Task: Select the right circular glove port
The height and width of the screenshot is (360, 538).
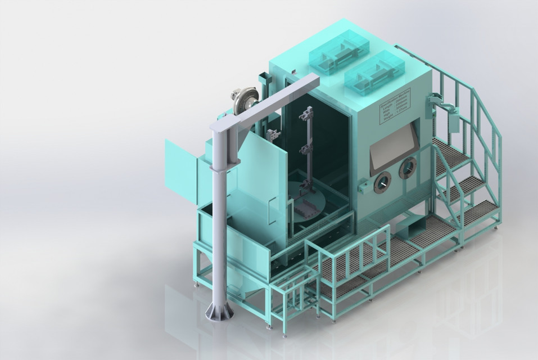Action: click(408, 168)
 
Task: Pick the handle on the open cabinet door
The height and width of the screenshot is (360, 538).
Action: click(271, 208)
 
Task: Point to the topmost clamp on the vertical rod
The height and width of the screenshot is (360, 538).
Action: click(307, 115)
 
